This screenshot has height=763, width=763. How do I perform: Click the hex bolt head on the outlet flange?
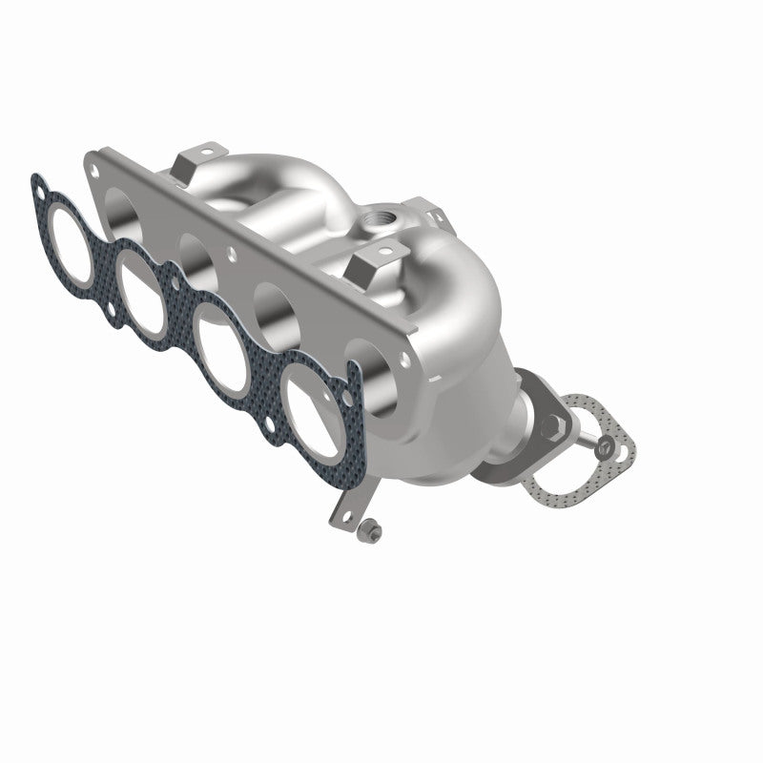click(x=550, y=419)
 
